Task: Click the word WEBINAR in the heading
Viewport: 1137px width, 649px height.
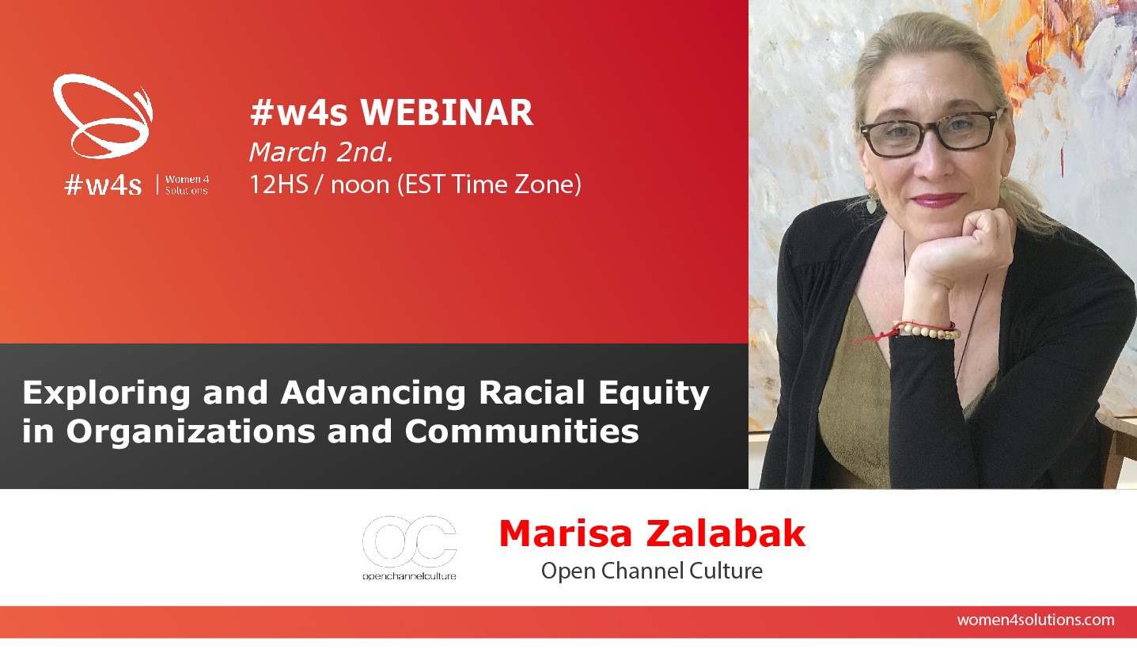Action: coord(447,112)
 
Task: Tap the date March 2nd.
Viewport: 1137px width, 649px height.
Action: coord(321,152)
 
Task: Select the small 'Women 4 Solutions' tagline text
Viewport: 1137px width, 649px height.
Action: coord(187,185)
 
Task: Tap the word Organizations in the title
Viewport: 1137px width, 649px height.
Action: coord(191,431)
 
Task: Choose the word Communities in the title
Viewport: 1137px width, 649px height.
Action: coord(521,431)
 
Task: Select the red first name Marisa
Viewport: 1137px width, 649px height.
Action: coord(566,533)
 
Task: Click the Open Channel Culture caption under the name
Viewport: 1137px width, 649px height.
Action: coord(652,571)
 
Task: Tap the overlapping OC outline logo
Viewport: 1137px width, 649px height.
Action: coord(409,542)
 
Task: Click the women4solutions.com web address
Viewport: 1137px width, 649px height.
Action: coord(1036,620)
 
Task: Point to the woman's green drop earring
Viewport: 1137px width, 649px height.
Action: coord(871,205)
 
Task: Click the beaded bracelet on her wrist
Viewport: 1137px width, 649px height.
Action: coord(928,331)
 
